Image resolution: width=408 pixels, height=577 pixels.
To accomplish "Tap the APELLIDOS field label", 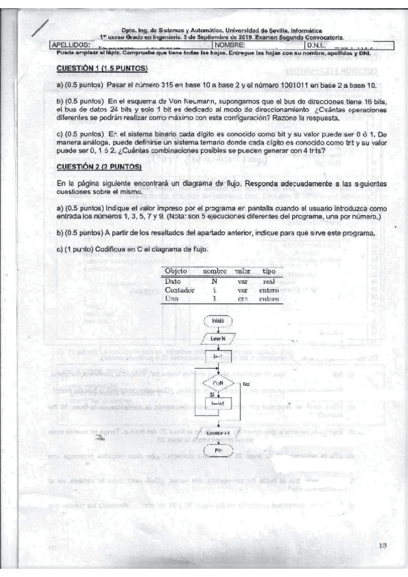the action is click(72, 45).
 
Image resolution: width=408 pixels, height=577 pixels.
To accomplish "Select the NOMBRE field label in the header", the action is click(230, 45).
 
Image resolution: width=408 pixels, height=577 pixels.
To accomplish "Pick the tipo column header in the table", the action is click(268, 271).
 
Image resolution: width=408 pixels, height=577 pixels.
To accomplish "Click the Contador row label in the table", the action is click(179, 289).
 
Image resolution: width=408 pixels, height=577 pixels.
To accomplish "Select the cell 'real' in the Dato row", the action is click(268, 280).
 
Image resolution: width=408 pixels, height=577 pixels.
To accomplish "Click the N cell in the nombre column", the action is click(214, 280).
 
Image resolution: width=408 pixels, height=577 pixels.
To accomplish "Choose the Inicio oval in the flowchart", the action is click(219, 320).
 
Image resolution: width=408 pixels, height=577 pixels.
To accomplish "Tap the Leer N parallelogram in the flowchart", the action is click(219, 337).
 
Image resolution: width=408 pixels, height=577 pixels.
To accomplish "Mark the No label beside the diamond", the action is click(245, 384).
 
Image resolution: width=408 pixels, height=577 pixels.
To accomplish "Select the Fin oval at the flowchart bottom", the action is click(219, 451).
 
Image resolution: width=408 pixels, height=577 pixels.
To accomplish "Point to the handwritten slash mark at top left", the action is click(40, 28).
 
